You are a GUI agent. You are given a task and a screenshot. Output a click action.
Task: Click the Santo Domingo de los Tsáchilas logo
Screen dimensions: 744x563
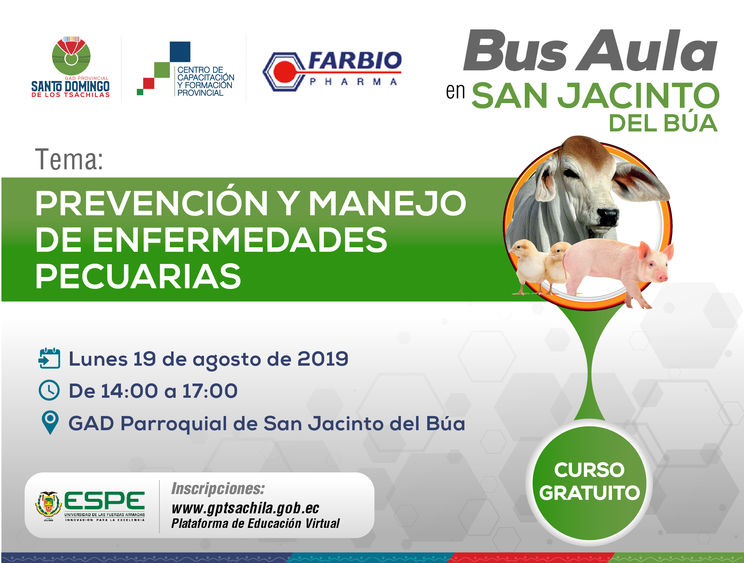tap(71, 67)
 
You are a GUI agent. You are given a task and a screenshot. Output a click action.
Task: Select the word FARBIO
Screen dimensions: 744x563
tap(355, 60)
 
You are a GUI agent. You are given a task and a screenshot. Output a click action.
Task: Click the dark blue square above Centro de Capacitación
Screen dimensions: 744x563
tap(180, 52)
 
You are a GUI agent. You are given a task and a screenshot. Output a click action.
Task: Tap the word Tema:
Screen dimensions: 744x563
tap(69, 160)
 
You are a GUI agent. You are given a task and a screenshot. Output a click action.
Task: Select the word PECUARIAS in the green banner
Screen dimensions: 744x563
tap(138, 276)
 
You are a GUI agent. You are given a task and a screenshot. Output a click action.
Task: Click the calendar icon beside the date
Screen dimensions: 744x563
tap(50, 358)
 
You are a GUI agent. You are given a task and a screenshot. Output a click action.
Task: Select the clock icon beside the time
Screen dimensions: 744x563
tap(49, 390)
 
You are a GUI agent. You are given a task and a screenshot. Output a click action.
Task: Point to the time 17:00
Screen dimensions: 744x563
tap(210, 391)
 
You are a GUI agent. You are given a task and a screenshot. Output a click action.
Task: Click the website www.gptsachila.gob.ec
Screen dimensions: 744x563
tap(246, 508)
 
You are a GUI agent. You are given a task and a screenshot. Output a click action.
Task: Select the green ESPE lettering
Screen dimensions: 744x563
tap(104, 500)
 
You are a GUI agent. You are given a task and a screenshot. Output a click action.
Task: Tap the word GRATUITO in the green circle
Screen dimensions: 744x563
tap(589, 493)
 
